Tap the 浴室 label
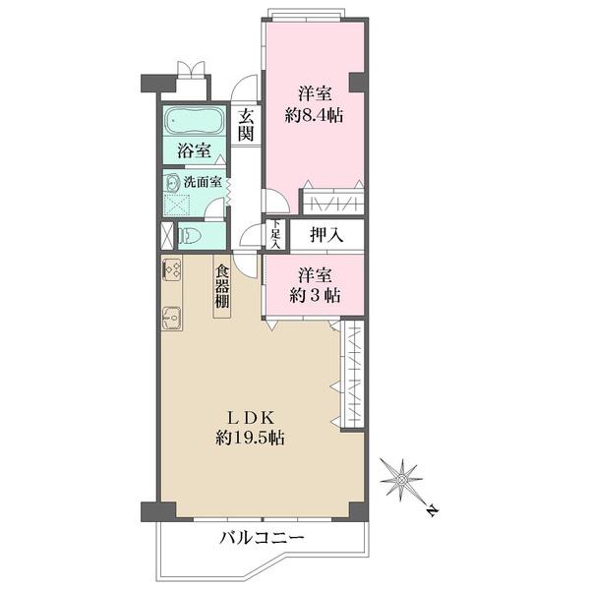click(194, 151)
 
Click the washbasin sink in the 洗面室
click(174, 182)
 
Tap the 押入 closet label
click(325, 235)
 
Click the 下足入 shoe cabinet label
click(276, 235)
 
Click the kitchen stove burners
click(171, 268)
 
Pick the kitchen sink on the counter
click(173, 319)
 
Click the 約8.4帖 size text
click(314, 116)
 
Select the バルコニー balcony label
click(262, 538)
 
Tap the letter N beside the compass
click(433, 510)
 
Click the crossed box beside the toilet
click(167, 236)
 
